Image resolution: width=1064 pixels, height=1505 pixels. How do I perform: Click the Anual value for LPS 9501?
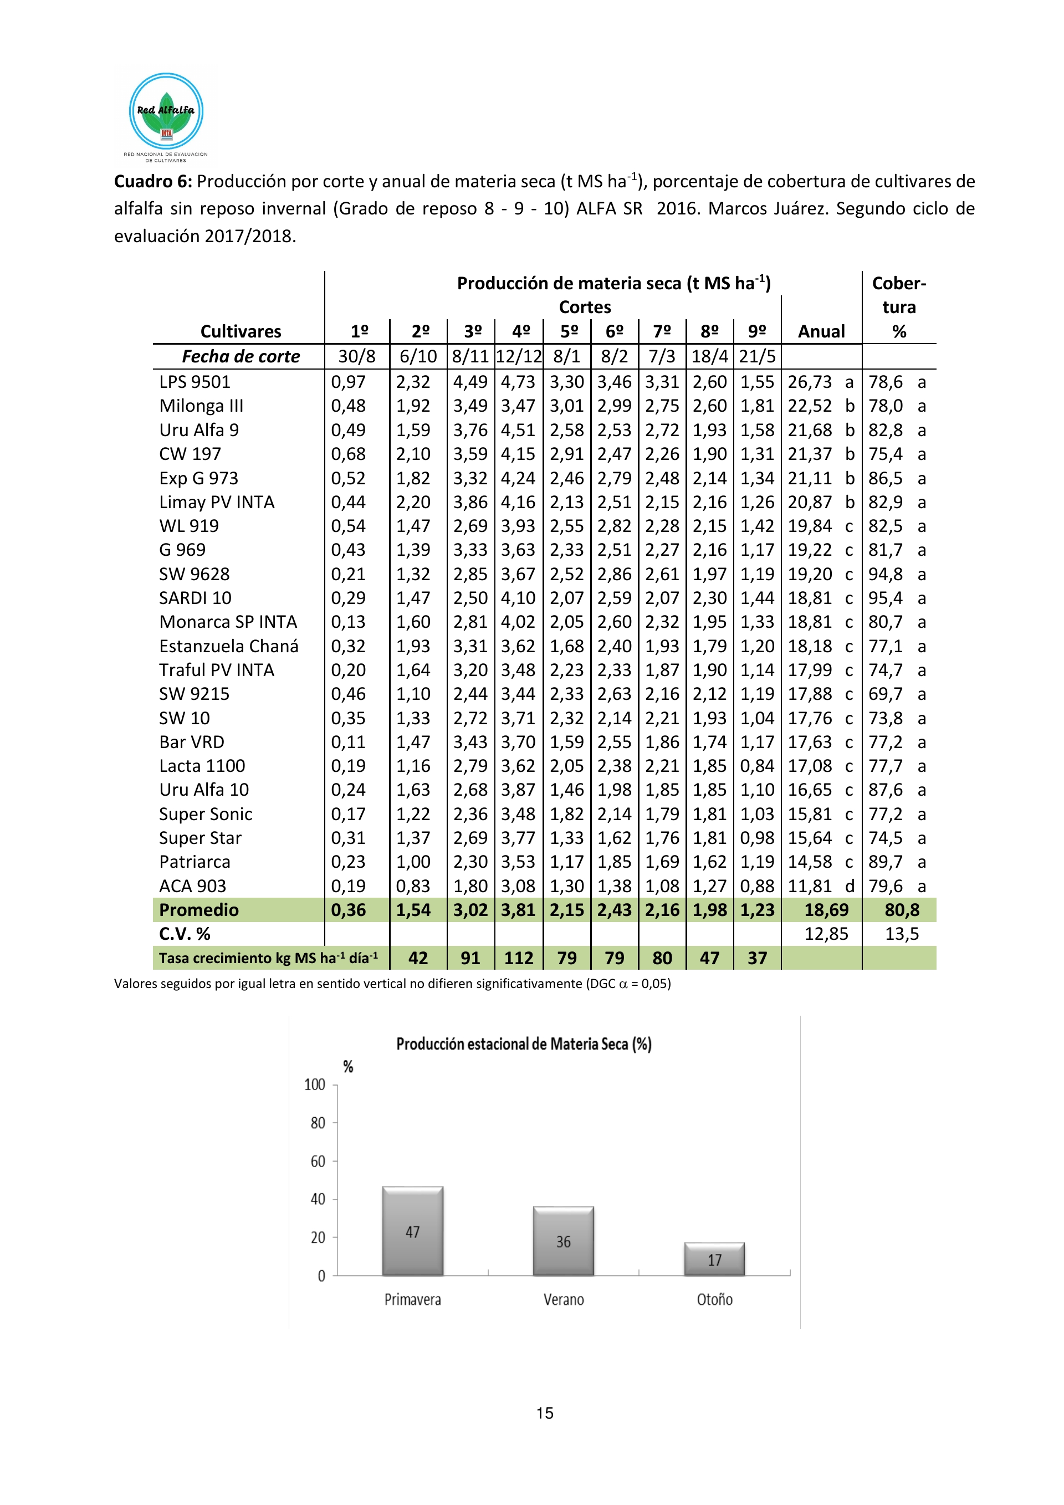(810, 382)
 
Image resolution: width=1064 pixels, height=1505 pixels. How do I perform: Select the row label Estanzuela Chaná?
(228, 646)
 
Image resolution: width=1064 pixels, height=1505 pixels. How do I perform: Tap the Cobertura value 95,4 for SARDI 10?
(885, 598)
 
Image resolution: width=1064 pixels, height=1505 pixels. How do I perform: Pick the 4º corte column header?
(520, 332)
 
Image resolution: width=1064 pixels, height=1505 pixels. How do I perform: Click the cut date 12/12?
(519, 357)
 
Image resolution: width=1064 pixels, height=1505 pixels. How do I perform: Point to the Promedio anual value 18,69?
(826, 910)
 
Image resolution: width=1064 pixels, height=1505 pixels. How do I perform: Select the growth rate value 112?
(519, 958)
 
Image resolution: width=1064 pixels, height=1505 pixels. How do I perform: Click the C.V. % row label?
(185, 934)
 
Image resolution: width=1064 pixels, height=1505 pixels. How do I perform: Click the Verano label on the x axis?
(563, 1299)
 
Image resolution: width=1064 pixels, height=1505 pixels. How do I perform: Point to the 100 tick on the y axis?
(315, 1085)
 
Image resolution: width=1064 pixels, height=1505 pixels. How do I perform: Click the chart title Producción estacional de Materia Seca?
(524, 1044)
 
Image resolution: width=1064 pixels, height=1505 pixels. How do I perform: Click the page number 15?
(545, 1413)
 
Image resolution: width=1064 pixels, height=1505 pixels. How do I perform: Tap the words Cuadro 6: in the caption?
(153, 182)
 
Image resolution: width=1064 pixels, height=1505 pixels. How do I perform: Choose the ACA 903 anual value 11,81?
(810, 886)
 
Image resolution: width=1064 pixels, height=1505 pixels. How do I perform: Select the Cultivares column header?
(241, 332)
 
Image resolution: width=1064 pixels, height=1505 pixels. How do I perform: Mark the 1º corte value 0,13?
(348, 622)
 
